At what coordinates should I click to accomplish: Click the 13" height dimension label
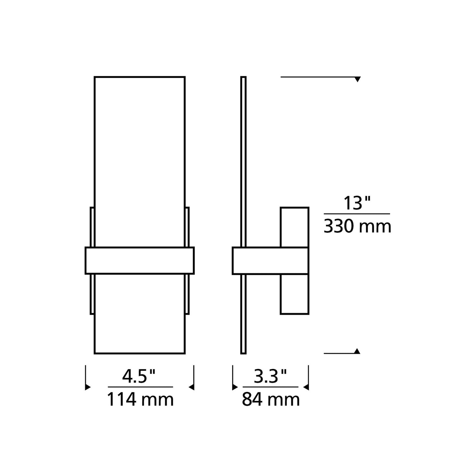tap(357, 203)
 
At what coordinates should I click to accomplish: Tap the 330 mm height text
tap(357, 227)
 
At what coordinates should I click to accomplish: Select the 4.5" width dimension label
tap(139, 376)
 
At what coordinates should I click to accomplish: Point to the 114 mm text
tap(140, 400)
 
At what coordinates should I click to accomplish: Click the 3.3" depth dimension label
tap(270, 376)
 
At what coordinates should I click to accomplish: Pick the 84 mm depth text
tap(271, 400)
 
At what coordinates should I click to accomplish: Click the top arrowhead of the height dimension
tap(358, 79)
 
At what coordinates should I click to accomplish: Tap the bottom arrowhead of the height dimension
tap(357, 351)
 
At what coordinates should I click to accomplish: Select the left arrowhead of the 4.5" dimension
tap(87, 387)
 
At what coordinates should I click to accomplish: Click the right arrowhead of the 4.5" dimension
tap(191, 387)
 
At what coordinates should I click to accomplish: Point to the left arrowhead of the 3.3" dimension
tap(235, 387)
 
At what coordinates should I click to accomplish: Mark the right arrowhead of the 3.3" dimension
tap(306, 387)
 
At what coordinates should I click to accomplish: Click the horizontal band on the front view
tap(140, 261)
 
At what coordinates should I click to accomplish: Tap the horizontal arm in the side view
tap(260, 261)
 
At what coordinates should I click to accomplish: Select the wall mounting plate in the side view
tap(294, 227)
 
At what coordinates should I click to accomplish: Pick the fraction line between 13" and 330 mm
tap(357, 214)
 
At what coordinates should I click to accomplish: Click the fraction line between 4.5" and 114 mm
tap(140, 387)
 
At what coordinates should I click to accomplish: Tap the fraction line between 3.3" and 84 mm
tap(270, 387)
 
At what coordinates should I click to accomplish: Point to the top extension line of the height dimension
tap(316, 77)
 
